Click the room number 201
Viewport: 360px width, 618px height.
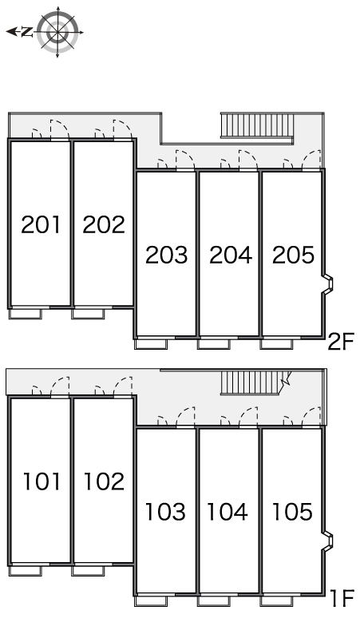41,224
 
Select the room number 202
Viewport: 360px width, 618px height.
104,224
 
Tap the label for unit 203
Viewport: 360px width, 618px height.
166,255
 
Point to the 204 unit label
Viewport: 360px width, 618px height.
231,255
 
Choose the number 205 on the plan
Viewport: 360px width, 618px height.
294,255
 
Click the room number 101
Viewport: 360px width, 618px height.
42,481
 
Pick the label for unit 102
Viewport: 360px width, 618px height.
104,481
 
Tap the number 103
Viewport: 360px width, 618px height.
165,511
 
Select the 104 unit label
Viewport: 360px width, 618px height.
227,511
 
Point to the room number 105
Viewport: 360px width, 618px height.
292,511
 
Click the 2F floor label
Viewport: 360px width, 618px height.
342,341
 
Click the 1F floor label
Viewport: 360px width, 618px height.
342,598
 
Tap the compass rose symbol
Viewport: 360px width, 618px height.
57,32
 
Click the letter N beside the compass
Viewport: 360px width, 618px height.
27,31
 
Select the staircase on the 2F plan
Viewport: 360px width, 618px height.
257,125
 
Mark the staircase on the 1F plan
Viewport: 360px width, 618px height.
255,382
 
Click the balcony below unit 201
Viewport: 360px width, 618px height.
26,314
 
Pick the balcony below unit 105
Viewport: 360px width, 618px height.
276,600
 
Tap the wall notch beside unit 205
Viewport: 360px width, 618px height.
328,283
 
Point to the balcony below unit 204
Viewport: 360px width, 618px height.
213,343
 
